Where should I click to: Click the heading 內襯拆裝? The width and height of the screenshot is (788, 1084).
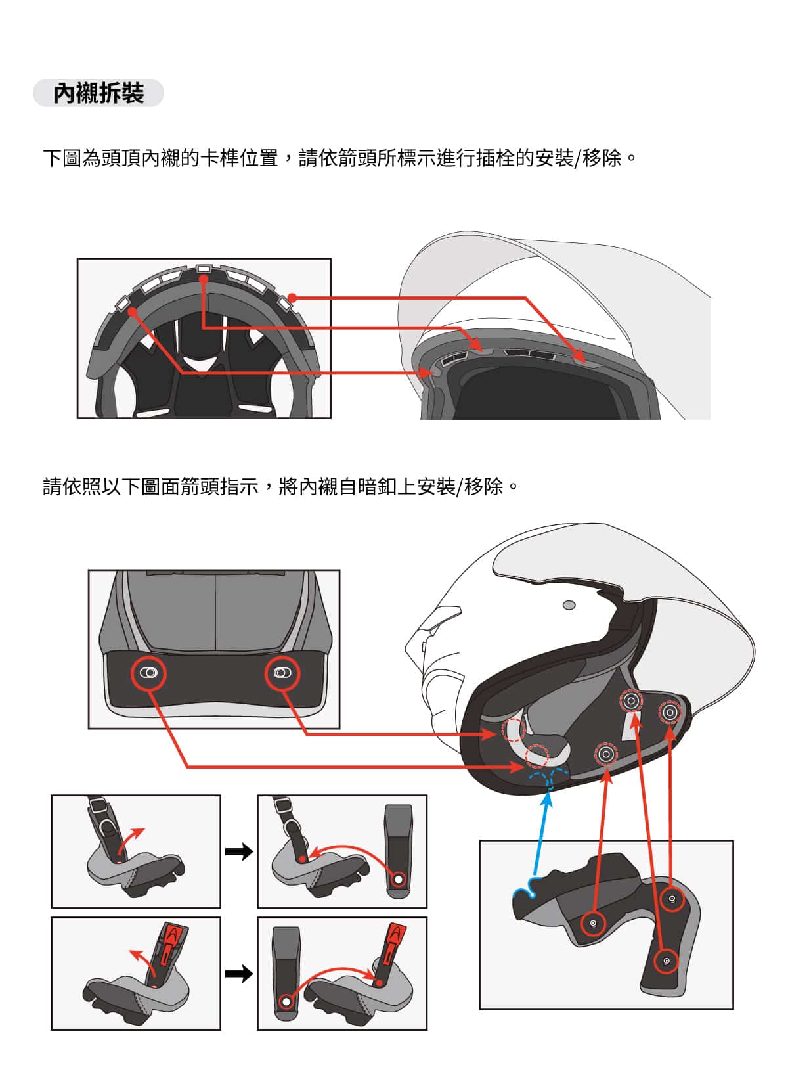tap(98, 93)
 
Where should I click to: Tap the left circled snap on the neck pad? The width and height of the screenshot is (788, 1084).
tap(148, 673)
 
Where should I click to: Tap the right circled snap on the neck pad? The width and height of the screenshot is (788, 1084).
tap(282, 673)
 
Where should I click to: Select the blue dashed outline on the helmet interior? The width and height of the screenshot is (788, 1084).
tap(550, 777)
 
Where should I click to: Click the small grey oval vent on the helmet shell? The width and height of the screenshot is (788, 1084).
tap(569, 605)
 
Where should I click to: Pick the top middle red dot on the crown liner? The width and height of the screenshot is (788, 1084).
tap(204, 279)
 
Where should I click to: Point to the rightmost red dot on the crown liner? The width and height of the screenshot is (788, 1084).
tap(292, 297)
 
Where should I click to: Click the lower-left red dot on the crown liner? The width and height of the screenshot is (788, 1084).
tap(133, 312)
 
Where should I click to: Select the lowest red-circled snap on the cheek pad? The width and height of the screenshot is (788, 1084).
tap(666, 961)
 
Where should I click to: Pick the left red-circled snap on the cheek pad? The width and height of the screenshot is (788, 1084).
tap(592, 923)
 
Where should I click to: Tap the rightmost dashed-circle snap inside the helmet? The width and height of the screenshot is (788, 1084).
tap(670, 712)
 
